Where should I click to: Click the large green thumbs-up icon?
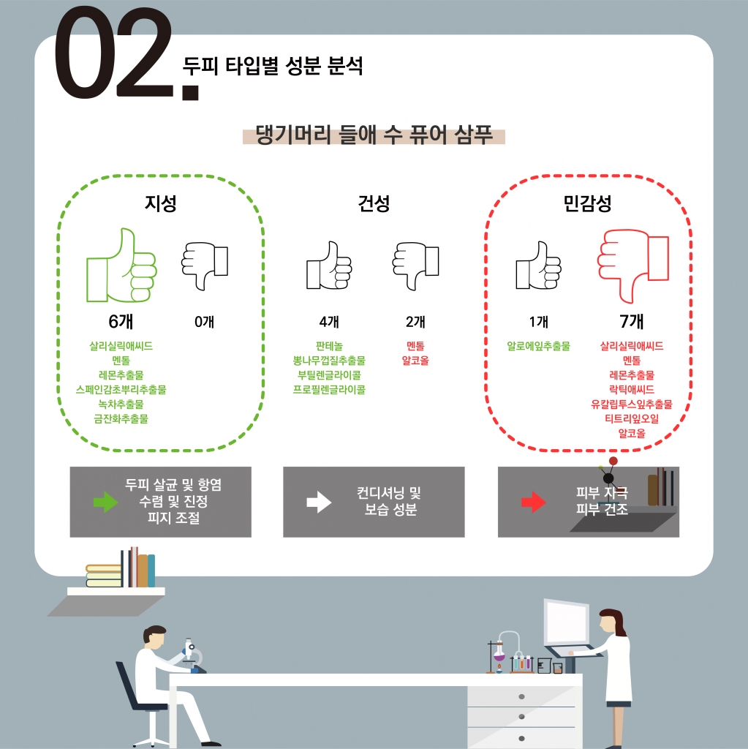coord(121,266)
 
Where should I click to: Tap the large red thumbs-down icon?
coord(632,266)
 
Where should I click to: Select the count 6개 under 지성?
coord(121,322)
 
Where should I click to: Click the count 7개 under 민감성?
coord(632,322)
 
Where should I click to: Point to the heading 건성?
coord(374,203)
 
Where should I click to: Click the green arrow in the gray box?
coord(105,502)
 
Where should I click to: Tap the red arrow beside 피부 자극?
coord(534,502)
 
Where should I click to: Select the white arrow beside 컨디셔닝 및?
coord(319,502)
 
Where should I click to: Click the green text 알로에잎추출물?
coord(538,346)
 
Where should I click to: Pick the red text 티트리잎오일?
coord(632,419)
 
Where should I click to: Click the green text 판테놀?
coord(329,346)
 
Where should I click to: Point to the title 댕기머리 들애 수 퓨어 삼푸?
coord(374,135)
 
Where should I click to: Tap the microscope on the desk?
coord(192,655)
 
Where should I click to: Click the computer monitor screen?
coord(567,622)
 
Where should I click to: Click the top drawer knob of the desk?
coord(521,696)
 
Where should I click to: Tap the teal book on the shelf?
coord(151,571)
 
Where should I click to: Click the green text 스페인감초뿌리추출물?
coord(121,390)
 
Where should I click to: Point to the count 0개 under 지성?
coord(205,322)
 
